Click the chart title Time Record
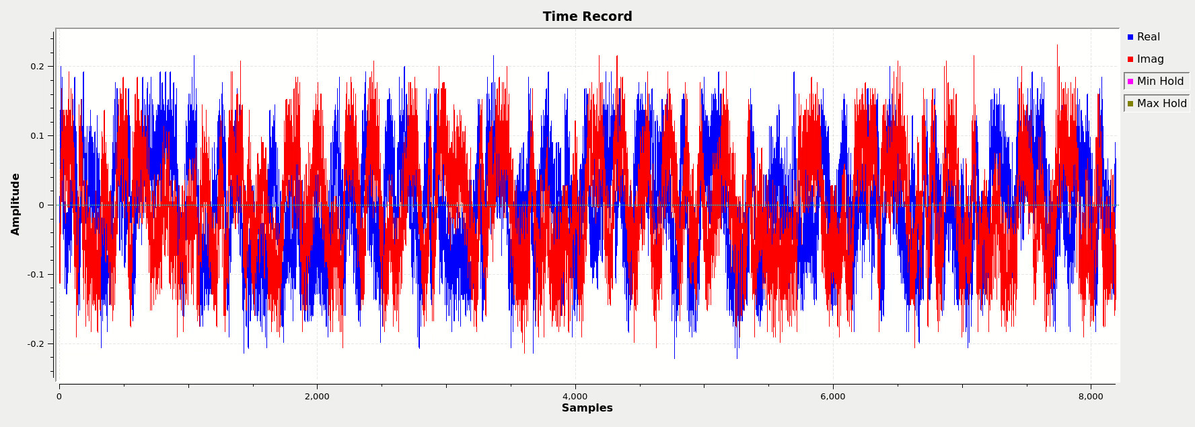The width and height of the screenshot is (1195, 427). (587, 17)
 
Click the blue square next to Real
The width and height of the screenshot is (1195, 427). (1130, 37)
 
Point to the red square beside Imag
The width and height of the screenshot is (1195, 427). (1130, 59)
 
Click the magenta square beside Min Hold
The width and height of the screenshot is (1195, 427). (1130, 81)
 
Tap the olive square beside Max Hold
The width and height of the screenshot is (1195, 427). (1130, 104)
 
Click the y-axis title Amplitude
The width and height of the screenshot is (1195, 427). (15, 204)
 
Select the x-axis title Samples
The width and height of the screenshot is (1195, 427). (587, 408)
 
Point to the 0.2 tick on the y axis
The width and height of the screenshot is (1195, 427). (37, 67)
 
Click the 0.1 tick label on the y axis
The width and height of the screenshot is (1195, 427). (37, 136)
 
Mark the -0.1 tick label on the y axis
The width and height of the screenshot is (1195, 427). (36, 275)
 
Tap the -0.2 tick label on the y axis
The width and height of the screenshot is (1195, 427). (36, 344)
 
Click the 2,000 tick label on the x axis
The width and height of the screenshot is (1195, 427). (317, 397)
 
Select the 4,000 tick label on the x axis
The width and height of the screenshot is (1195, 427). (575, 397)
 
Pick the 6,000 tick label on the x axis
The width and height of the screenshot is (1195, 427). (832, 397)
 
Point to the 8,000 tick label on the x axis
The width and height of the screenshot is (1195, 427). (1091, 397)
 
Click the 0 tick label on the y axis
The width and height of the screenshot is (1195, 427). (41, 205)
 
